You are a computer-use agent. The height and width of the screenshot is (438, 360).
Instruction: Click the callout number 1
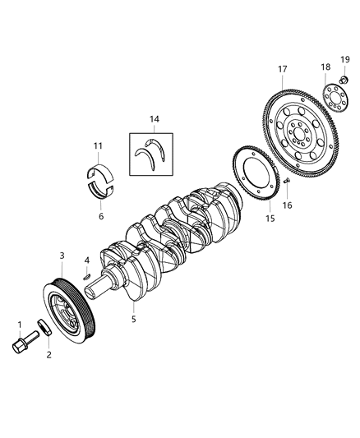[x=18, y=325]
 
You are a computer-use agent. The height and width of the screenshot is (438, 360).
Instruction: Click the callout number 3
[x=62, y=256]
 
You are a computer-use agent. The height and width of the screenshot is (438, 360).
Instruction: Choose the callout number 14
[x=153, y=119]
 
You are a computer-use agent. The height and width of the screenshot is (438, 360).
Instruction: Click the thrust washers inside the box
[x=153, y=155]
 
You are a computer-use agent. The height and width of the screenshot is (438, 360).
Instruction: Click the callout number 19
[x=345, y=59]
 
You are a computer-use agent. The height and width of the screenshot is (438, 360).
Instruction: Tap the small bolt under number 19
[x=345, y=80]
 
